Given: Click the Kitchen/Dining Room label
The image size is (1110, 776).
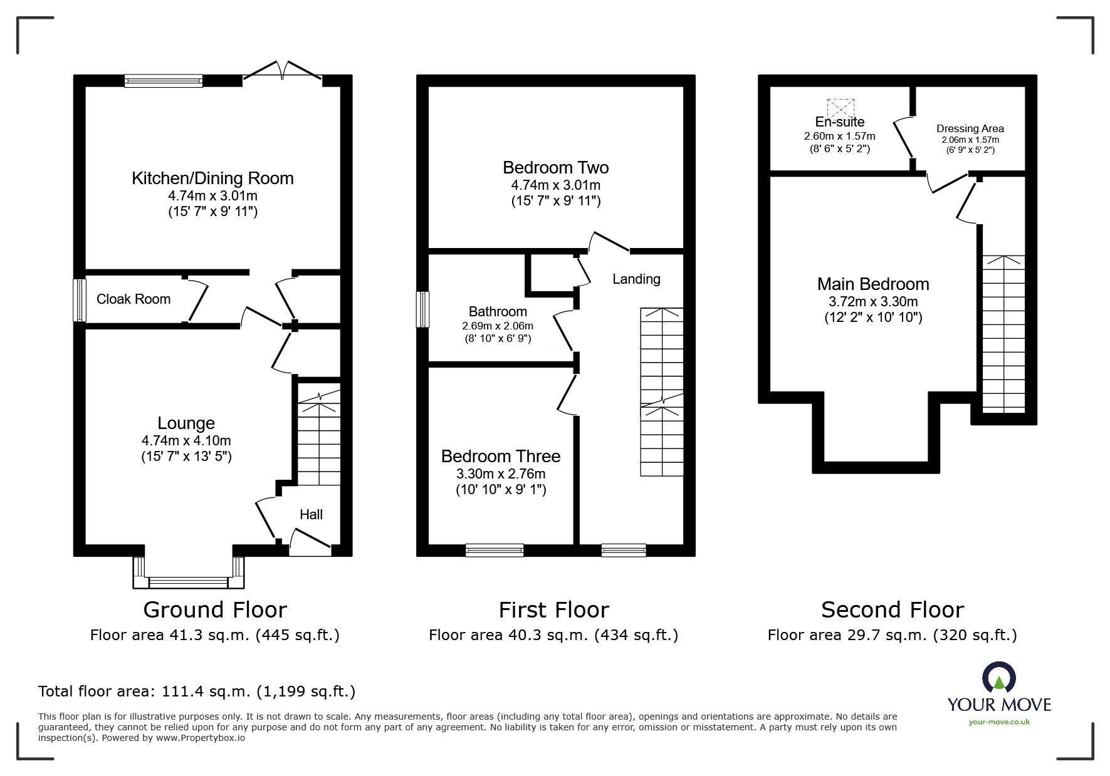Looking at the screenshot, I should click(x=212, y=178).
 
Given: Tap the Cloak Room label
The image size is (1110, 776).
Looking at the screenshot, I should click(x=134, y=299).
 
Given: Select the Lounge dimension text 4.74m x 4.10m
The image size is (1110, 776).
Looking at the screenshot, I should click(x=186, y=441).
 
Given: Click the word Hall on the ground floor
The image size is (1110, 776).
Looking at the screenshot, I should click(x=311, y=515).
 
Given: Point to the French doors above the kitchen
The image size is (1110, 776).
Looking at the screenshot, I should click(x=283, y=70).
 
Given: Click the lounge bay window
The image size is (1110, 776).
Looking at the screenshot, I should click(x=188, y=582).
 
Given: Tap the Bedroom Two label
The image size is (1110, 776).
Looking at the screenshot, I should click(x=555, y=168).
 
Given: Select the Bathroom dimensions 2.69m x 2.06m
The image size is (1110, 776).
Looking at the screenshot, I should click(x=498, y=326).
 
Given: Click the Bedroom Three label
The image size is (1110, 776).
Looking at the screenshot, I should click(x=500, y=457).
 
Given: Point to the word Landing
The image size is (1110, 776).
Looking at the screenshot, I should click(x=636, y=279).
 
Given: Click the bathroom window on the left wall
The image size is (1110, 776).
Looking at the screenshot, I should click(x=424, y=309).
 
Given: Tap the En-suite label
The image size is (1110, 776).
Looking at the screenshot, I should click(x=839, y=122).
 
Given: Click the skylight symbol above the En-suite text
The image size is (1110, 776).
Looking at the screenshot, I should click(x=840, y=108).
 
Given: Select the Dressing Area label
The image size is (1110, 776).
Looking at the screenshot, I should click(x=970, y=129).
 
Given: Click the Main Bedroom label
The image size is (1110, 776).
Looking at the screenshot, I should click(x=872, y=284).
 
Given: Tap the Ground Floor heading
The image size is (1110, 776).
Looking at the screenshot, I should click(x=215, y=609).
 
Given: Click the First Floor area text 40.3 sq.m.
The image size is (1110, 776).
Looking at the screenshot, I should click(x=553, y=635).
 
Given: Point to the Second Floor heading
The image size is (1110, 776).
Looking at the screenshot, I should click(x=893, y=609).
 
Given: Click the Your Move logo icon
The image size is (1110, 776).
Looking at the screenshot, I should click(x=998, y=679).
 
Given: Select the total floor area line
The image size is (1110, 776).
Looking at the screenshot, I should click(x=197, y=691).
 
